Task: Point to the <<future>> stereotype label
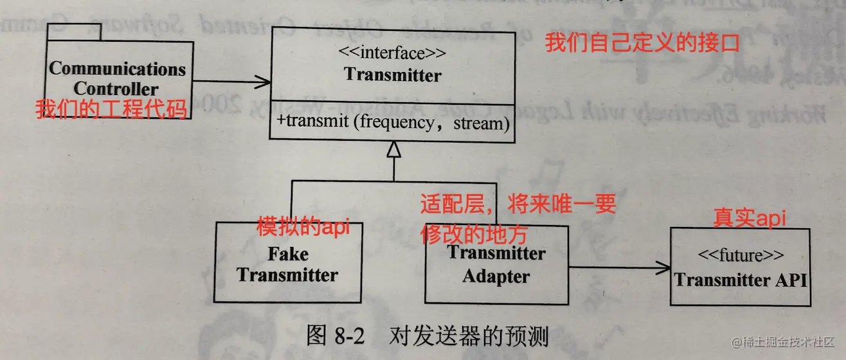click(x=739, y=256)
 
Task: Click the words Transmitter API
click(x=740, y=280)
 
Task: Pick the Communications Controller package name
click(x=117, y=78)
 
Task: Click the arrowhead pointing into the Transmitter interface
click(x=262, y=82)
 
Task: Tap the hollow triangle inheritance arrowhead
click(x=393, y=150)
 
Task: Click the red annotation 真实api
click(x=751, y=219)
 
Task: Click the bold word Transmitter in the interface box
click(x=393, y=75)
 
